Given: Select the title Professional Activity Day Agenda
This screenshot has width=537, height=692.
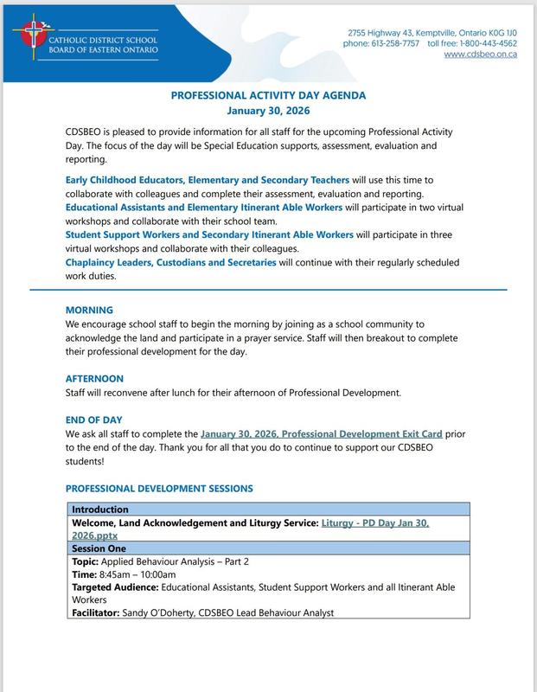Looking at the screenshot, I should click(x=268, y=97).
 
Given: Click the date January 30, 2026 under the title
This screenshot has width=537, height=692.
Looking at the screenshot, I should click(x=268, y=112).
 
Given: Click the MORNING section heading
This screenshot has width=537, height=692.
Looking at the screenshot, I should click(x=89, y=310).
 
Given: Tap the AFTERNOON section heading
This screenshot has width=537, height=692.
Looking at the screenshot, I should click(x=94, y=379).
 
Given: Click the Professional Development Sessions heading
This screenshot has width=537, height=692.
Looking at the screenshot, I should click(x=159, y=489).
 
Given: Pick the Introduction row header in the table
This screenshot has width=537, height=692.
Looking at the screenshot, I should click(x=100, y=509).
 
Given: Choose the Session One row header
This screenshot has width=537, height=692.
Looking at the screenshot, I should click(x=99, y=548).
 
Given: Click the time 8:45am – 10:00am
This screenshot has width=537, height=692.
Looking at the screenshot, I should click(x=135, y=574).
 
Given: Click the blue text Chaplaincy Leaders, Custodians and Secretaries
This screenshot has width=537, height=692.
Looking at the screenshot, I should click(x=171, y=262).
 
